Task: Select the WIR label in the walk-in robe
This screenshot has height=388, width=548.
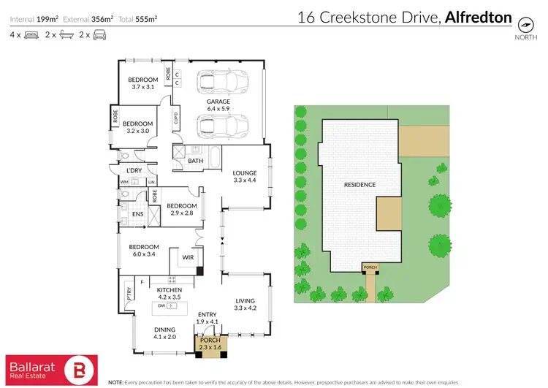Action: [x=187, y=258]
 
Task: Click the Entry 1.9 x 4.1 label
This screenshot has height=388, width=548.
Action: [x=208, y=318]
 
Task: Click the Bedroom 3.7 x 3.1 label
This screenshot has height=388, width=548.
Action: [x=143, y=83]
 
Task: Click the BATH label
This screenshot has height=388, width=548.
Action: [x=196, y=161]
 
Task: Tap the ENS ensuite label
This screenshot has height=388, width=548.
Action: [x=137, y=215]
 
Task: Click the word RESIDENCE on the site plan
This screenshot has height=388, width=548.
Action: [x=359, y=185]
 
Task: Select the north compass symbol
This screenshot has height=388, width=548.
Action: [x=524, y=24]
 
